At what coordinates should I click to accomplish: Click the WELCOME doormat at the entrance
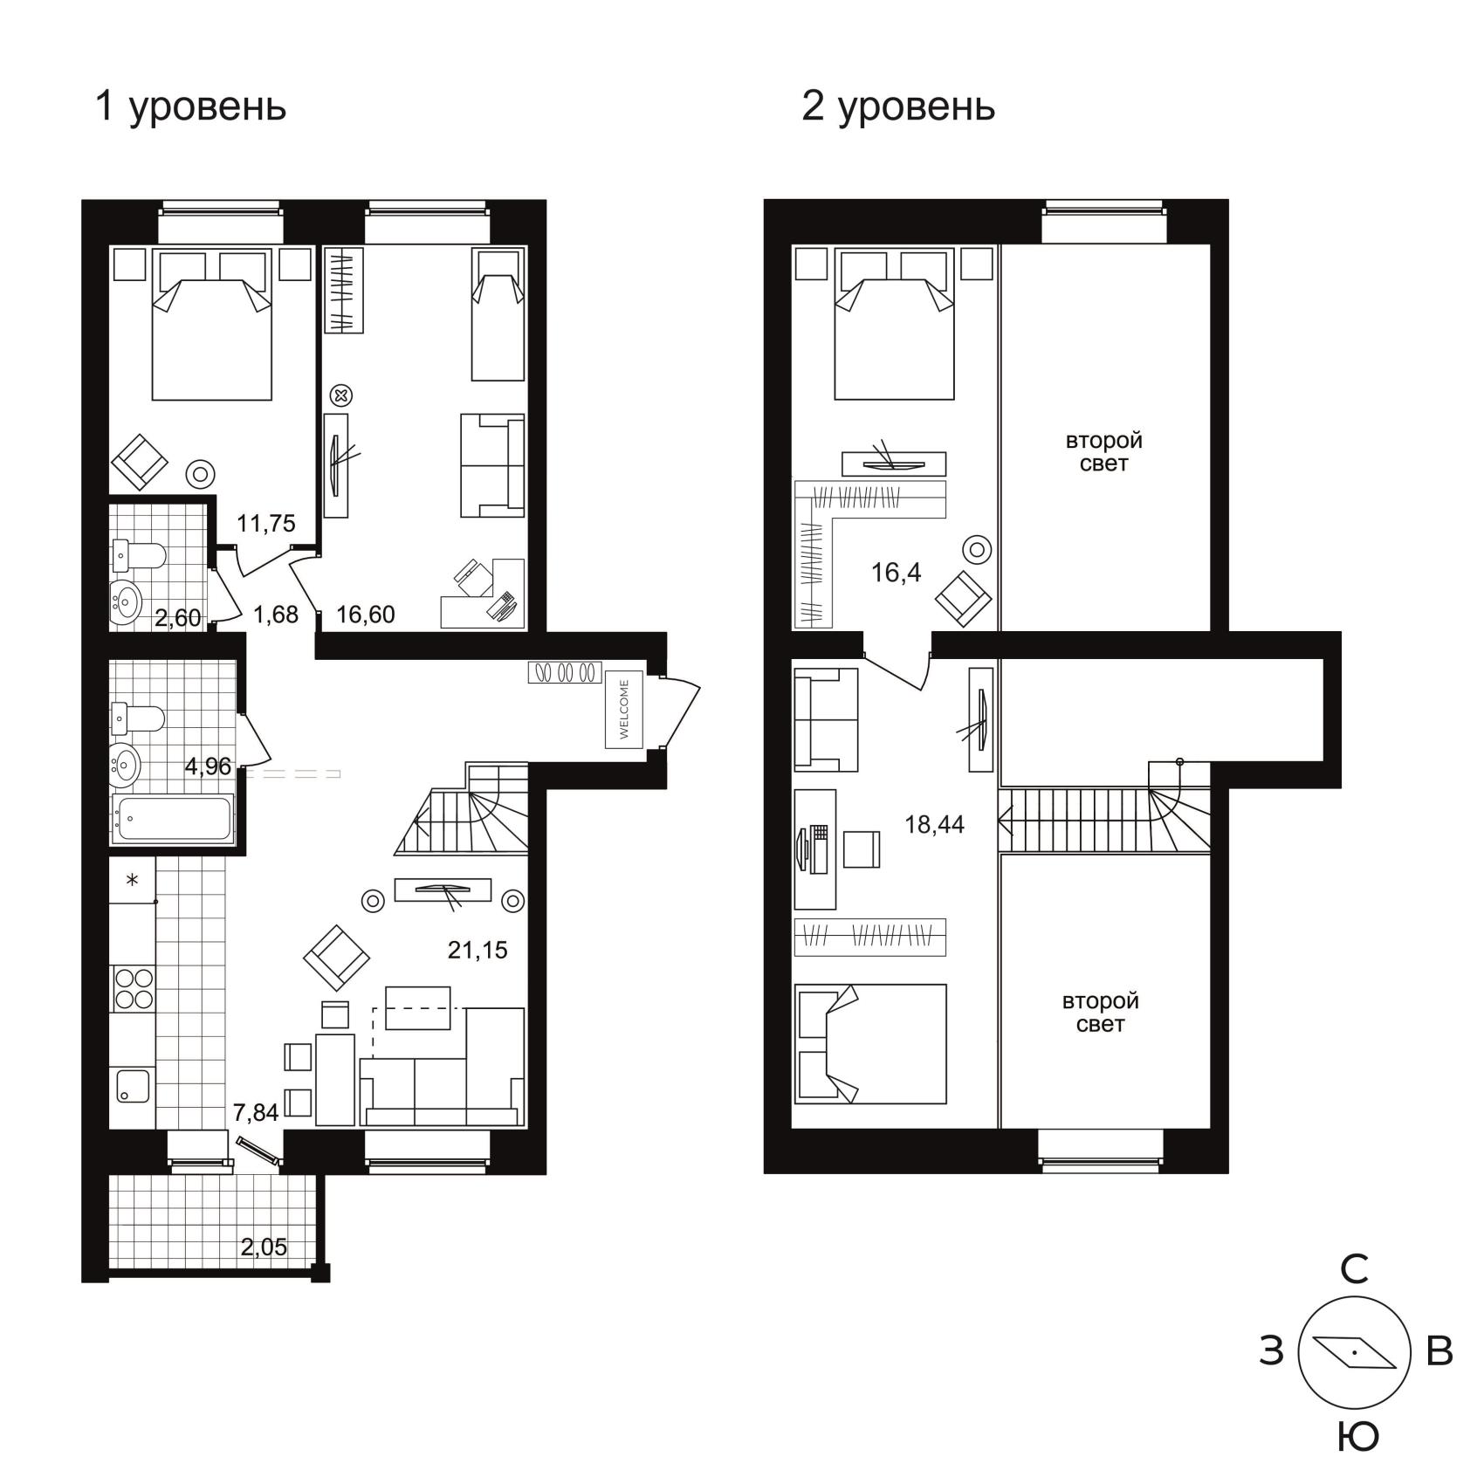point(624,709)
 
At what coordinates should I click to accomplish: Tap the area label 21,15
point(477,950)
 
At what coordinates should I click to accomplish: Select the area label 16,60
point(366,615)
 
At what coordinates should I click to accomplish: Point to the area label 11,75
point(266,524)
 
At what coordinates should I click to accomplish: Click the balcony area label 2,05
point(264,1247)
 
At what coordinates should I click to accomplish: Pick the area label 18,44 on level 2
point(935,824)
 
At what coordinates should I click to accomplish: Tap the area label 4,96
point(208,766)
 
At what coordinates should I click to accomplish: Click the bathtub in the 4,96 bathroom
point(173,819)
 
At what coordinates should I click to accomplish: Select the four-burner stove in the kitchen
point(133,988)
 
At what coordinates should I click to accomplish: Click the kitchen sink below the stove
point(133,1086)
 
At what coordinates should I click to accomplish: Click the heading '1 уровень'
point(190,107)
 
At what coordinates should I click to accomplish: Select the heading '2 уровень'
point(898,107)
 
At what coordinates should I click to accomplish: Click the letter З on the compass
point(1272,1351)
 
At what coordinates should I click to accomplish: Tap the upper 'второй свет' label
point(1103,452)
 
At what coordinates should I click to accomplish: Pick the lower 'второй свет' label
point(1101,1013)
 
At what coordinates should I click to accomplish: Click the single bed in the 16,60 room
point(498,314)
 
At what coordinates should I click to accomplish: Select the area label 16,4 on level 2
point(897,573)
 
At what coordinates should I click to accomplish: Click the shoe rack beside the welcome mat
point(565,672)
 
